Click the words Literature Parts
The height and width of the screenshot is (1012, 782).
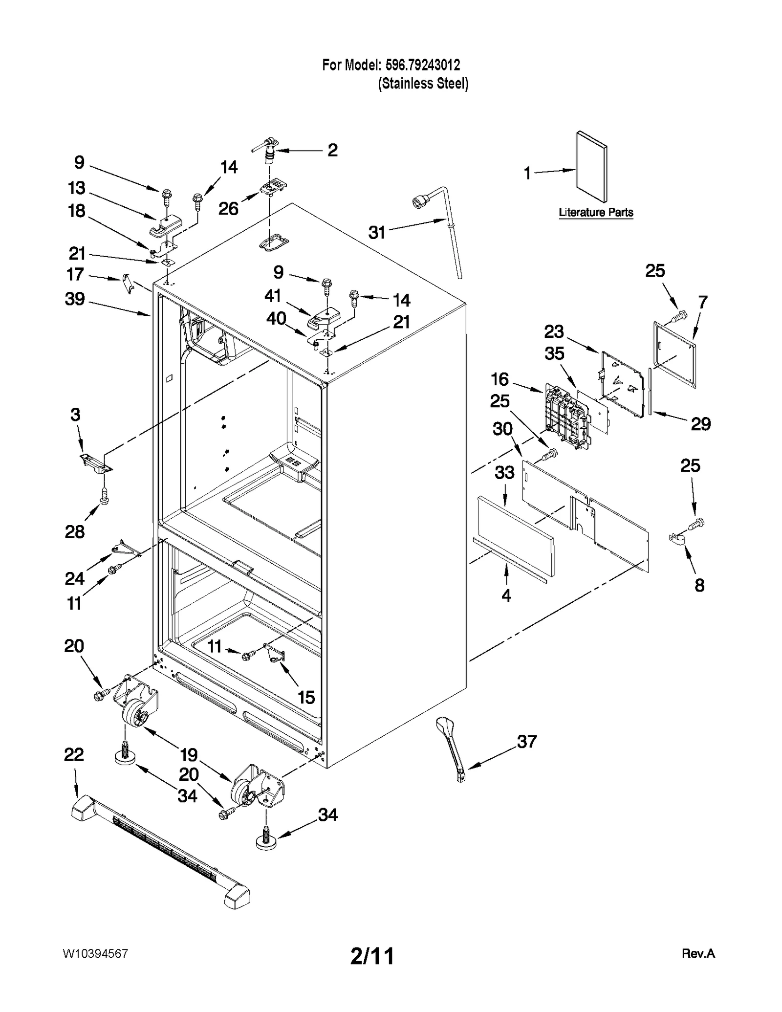click(x=596, y=213)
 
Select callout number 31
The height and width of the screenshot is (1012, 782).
click(x=377, y=233)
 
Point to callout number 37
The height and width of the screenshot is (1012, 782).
click(x=526, y=741)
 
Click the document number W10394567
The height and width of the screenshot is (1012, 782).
click(x=95, y=954)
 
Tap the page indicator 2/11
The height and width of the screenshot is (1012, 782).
click(x=372, y=956)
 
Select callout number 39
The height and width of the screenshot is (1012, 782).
click(x=75, y=299)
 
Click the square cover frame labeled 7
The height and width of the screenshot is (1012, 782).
click(x=675, y=354)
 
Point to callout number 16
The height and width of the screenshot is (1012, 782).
click(x=500, y=379)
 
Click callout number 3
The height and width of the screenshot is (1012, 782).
click(x=75, y=415)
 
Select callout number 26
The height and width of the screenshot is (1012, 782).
click(x=228, y=209)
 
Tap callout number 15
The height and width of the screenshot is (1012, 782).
click(x=306, y=697)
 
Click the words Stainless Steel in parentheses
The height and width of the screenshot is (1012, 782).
click(x=423, y=84)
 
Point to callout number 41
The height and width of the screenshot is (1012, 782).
click(x=273, y=295)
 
